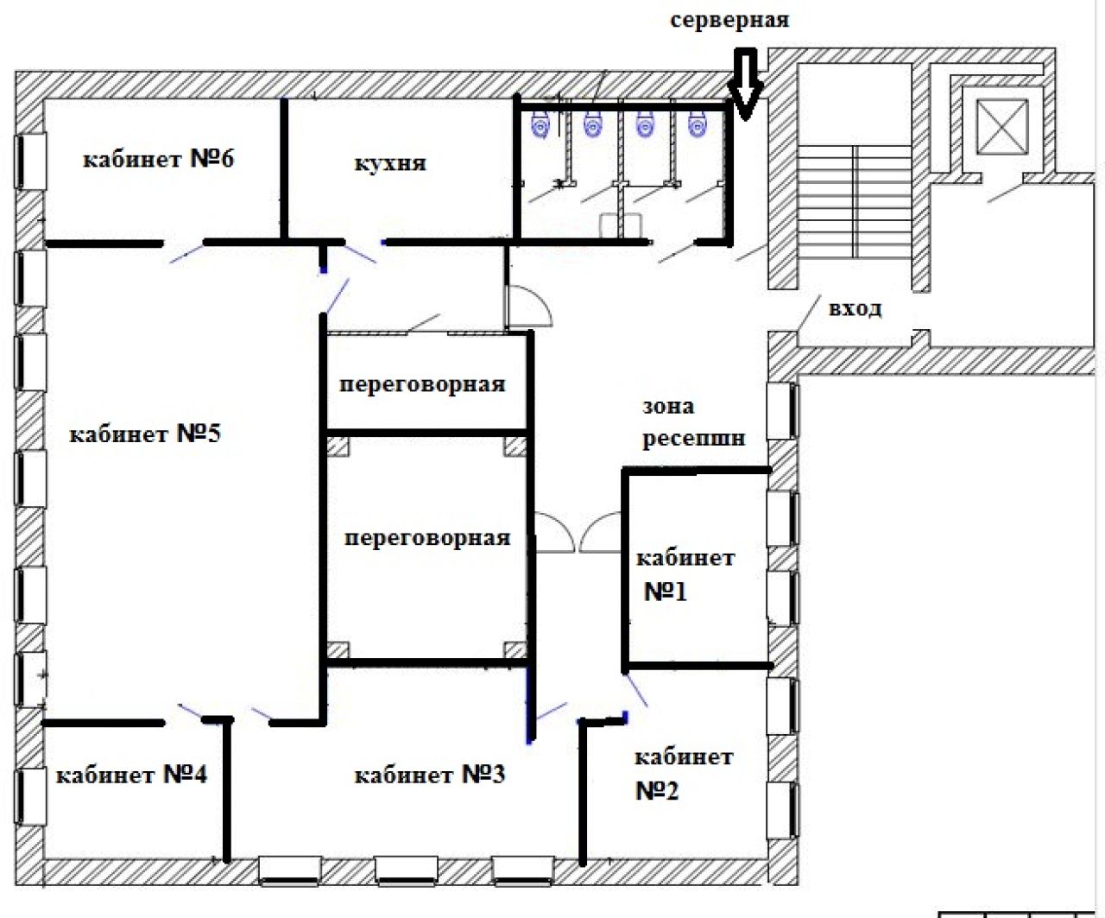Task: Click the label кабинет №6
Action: tap(158, 159)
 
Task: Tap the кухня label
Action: tap(390, 163)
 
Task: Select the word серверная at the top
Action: tap(729, 20)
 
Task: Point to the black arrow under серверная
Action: tap(745, 84)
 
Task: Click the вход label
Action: tap(856, 308)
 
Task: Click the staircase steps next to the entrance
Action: tap(855, 202)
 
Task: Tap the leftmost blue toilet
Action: tap(540, 123)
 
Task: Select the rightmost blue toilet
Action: tap(698, 123)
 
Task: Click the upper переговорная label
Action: tap(422, 384)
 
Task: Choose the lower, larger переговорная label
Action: tap(427, 538)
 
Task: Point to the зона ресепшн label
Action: tap(694, 422)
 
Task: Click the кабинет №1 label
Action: tap(685, 575)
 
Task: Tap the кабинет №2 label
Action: tap(684, 774)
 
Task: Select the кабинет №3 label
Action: tap(430, 775)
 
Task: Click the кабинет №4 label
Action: tap(132, 775)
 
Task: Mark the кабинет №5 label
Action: tap(145, 434)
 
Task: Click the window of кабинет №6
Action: tap(31, 161)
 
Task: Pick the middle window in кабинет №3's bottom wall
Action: tap(407, 871)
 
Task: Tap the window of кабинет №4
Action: tap(31, 796)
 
